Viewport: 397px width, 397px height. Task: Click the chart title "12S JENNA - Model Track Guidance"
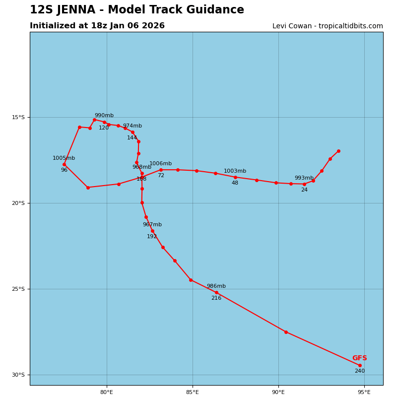pyautogui.click(x=137, y=10)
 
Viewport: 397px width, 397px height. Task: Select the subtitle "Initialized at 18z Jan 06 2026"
pyautogui.click(x=97, y=26)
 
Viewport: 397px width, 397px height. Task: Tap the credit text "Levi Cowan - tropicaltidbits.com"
pyautogui.click(x=328, y=26)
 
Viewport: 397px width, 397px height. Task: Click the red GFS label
pyautogui.click(x=360, y=358)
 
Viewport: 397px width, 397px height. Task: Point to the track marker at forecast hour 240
pyautogui.click(x=360, y=365)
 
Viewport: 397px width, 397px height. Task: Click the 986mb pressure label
pyautogui.click(x=216, y=286)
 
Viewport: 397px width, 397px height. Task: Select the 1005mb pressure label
pyautogui.click(x=64, y=158)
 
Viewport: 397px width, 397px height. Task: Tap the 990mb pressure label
pyautogui.click(x=104, y=116)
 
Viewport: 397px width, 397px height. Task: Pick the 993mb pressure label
pyautogui.click(x=304, y=178)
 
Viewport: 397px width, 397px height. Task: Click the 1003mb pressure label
pyautogui.click(x=235, y=171)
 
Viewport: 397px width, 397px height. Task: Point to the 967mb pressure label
pyautogui.click(x=152, y=225)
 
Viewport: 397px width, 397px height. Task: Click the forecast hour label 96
pyautogui.click(x=64, y=170)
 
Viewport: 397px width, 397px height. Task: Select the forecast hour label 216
pyautogui.click(x=216, y=298)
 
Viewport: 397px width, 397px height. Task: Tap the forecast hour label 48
pyautogui.click(x=235, y=183)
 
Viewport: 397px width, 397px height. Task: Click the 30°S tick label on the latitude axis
pyautogui.click(x=18, y=375)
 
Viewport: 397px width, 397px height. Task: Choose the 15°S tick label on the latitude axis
pyautogui.click(x=18, y=117)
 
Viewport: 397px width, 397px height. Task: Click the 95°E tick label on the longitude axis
pyautogui.click(x=364, y=393)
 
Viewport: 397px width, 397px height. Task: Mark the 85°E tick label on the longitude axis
pyautogui.click(x=193, y=393)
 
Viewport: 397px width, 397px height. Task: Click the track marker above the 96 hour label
pyautogui.click(x=64, y=164)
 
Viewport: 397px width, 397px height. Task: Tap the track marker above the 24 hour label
pyautogui.click(x=304, y=184)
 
